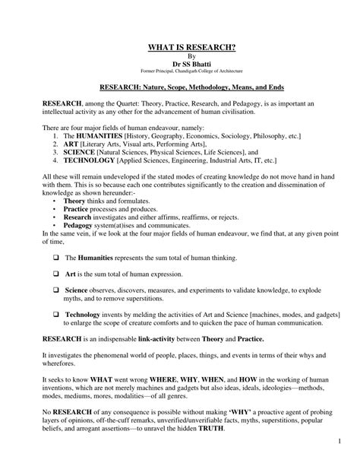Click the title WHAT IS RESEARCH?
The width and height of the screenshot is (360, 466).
(180, 48)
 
